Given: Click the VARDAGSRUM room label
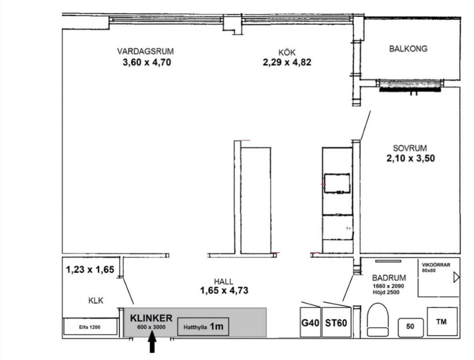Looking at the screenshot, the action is coord(145,51).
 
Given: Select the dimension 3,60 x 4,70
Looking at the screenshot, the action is coord(147,62).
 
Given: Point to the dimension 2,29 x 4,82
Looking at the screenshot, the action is coord(287,62).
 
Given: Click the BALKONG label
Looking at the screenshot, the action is coord(408,49).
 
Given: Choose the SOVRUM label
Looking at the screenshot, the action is coord(410,148).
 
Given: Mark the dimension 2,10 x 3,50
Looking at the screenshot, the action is coord(410,158).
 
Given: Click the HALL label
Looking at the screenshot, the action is coord(224,282).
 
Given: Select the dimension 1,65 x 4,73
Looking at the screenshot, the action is coord(224,290).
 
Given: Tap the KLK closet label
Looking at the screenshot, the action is coord(96,301).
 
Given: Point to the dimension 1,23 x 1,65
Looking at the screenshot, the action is coord(90,269).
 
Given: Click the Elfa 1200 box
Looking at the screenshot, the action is coord(90,326).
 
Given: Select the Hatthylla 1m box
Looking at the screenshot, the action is coord(203,326).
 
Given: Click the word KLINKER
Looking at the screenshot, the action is coord(151,318).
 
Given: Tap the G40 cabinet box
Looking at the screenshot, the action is coord(310,322).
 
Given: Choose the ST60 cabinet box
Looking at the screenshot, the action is coord(336,322).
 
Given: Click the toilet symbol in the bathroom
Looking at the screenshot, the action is coord(378,320).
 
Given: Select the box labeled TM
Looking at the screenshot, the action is coord(442,322).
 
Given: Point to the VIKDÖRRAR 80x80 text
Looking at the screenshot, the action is coord(436,268).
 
